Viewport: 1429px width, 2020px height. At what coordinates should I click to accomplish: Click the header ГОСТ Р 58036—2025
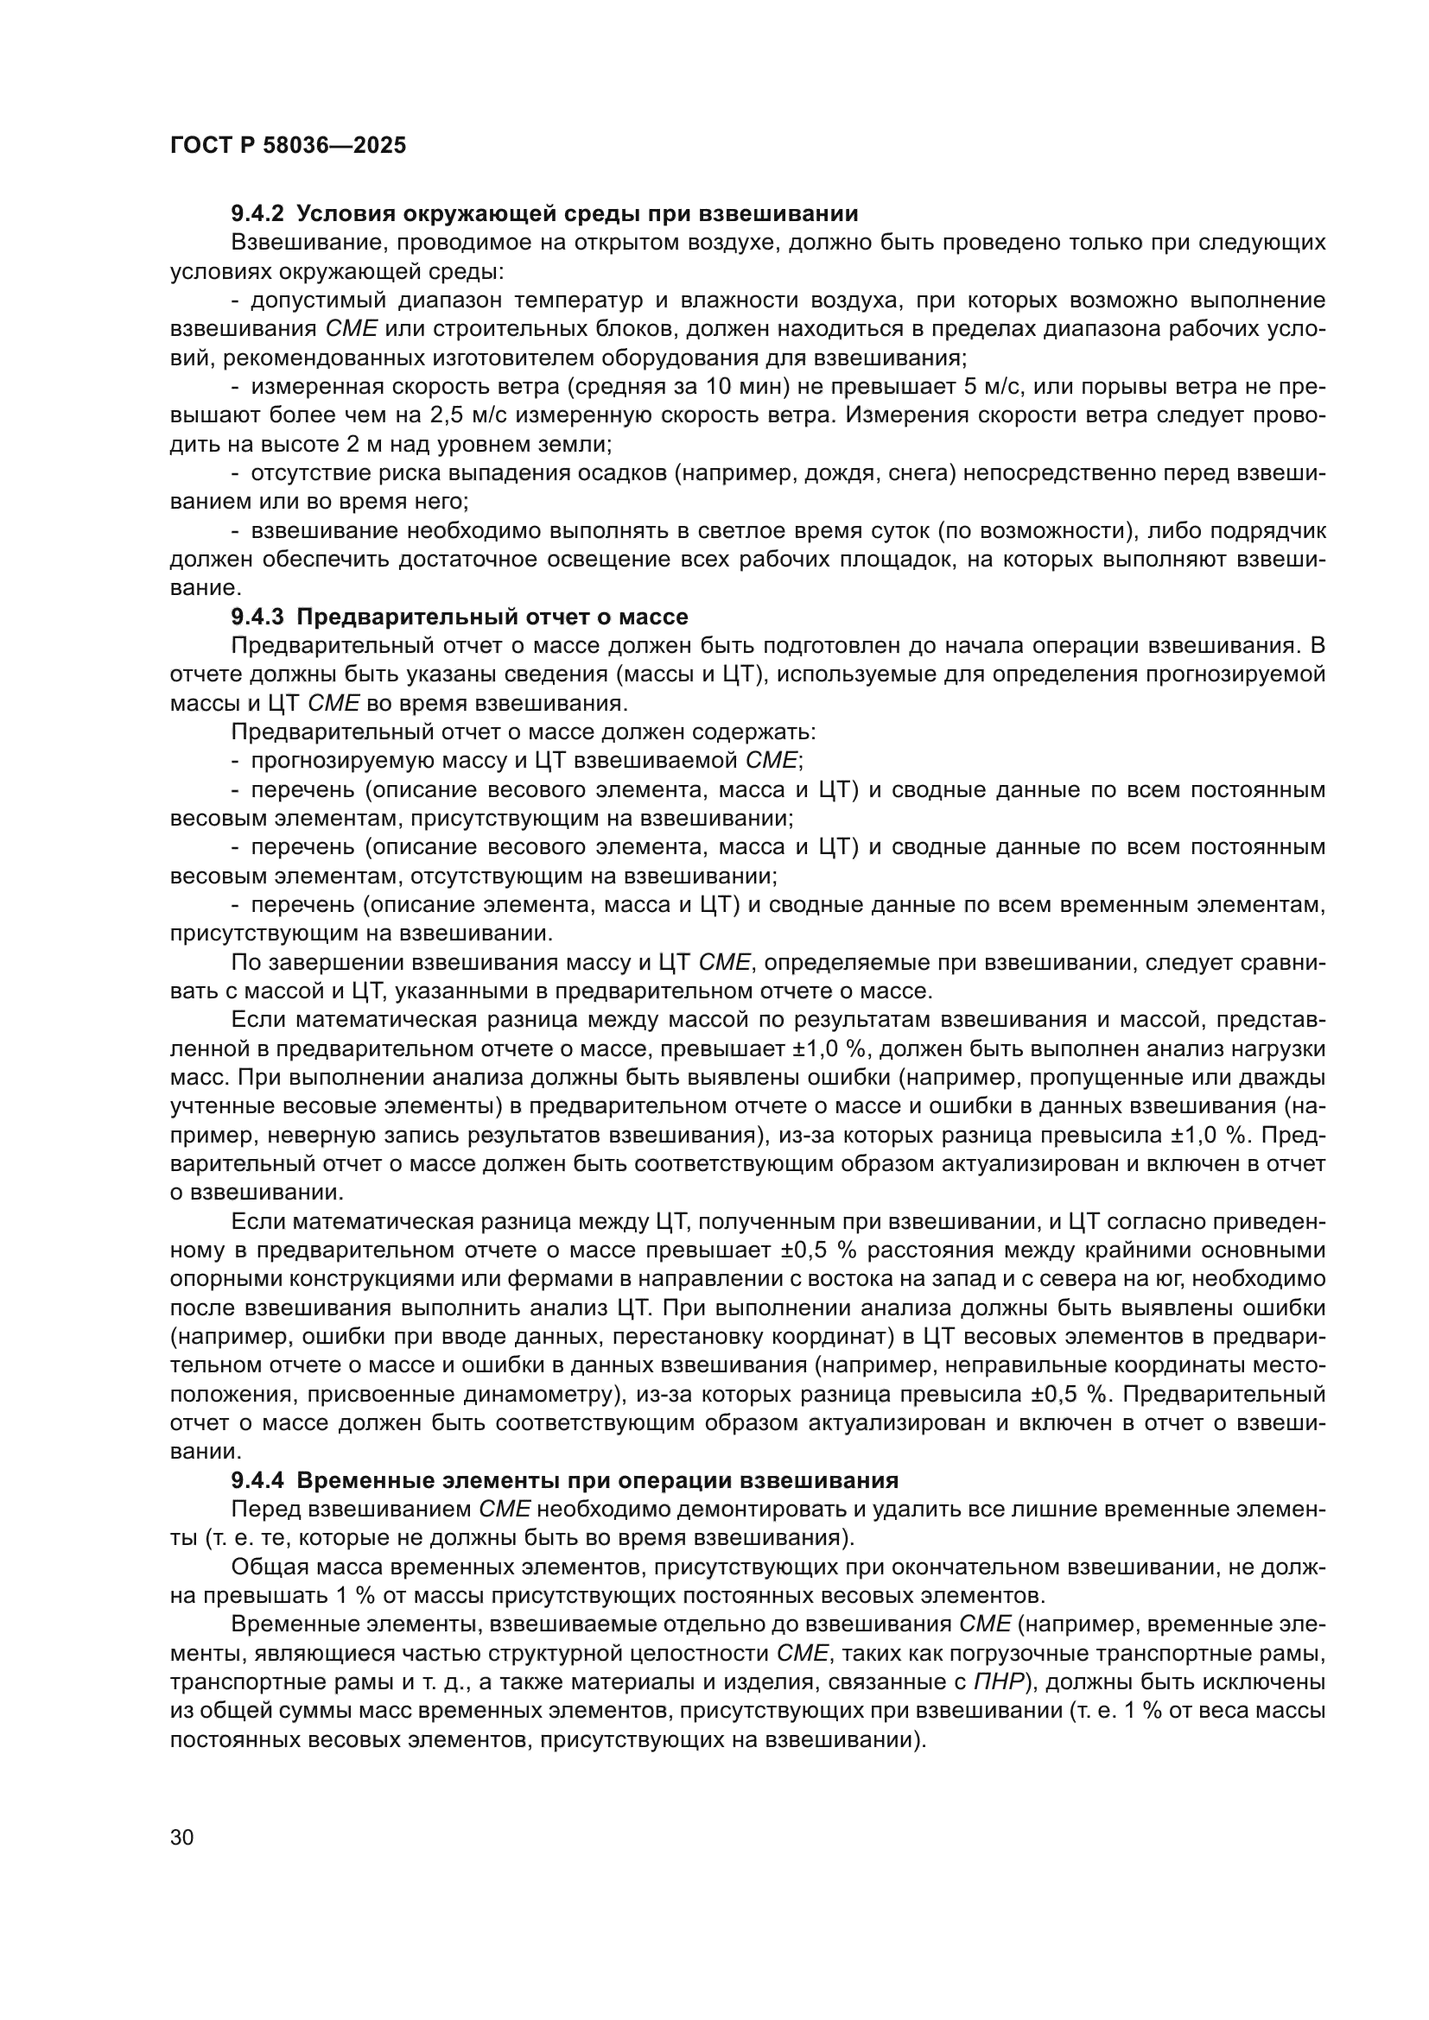coord(288,146)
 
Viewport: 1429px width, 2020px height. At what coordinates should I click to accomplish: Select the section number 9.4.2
coord(257,214)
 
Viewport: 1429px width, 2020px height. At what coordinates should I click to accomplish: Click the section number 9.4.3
coord(257,617)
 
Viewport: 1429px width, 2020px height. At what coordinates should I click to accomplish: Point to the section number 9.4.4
coord(257,1481)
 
